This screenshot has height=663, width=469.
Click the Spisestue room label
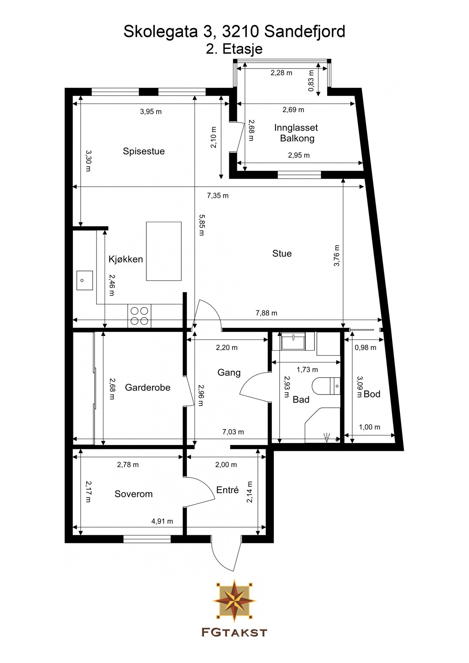144,151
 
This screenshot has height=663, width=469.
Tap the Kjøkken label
126,259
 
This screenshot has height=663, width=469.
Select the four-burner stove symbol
139,316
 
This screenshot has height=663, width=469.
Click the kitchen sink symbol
84,280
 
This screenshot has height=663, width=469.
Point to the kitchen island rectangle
164,251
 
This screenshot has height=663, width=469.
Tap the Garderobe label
147,387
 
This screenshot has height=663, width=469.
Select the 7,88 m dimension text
266,313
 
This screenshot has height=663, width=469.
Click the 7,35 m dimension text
218,196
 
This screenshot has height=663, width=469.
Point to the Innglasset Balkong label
296,133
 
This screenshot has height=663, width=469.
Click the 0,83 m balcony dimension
311,81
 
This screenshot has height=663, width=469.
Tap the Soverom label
133,494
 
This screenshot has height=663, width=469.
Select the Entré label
227,490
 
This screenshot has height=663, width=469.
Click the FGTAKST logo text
234,632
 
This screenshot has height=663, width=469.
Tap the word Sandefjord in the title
305,32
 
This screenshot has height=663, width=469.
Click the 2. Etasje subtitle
234,49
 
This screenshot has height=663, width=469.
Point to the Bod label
372,394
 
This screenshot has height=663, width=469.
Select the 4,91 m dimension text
162,521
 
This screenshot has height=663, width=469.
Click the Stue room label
282,253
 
